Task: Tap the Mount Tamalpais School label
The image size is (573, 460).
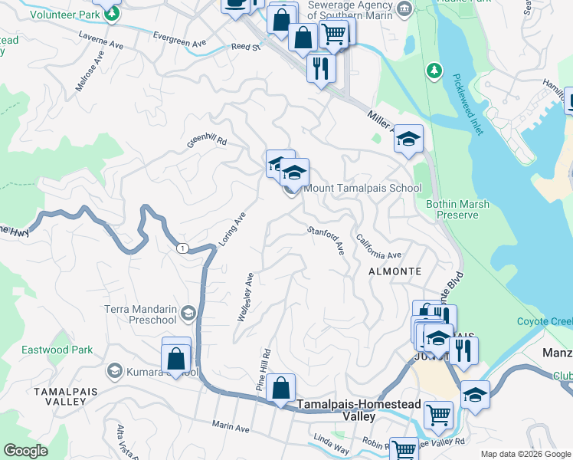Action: tap(362, 188)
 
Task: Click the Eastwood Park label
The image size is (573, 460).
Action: tap(61, 350)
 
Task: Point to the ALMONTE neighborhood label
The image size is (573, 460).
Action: tap(395, 271)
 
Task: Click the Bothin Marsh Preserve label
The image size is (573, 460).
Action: tap(457, 209)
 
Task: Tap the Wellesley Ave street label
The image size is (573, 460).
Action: tap(245, 297)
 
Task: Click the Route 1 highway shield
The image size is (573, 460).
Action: tap(182, 248)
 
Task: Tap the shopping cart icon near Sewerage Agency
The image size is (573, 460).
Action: tap(333, 34)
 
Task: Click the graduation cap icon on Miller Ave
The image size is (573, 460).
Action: tap(409, 138)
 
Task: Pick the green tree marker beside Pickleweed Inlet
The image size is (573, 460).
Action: tap(434, 71)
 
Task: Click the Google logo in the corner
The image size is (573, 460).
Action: tap(26, 451)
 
